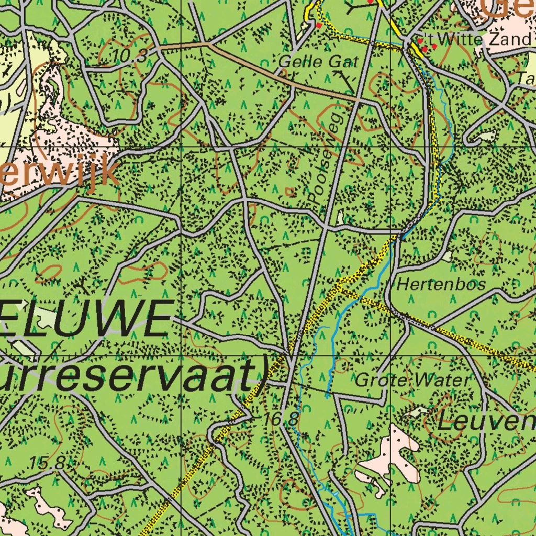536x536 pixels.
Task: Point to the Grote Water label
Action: [412, 381]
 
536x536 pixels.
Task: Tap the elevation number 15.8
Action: [47, 463]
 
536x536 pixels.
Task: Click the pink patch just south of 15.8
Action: [50, 505]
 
